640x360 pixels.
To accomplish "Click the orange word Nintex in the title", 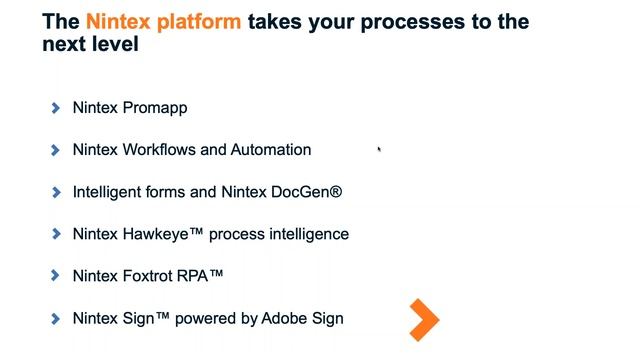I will pyautogui.click(x=117, y=22).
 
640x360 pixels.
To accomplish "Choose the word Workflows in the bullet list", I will pyautogui.click(x=159, y=150).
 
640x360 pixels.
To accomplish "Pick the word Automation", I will pyautogui.click(x=271, y=150).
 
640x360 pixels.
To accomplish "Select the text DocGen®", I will pyautogui.click(x=306, y=192).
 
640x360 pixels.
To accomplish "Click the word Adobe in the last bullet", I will pyautogui.click(x=283, y=319).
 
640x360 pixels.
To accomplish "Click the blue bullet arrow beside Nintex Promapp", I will pyautogui.click(x=56, y=108).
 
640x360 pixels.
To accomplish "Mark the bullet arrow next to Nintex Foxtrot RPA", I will pyautogui.click(x=56, y=276).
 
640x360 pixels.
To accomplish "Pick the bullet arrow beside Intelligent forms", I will pyautogui.click(x=56, y=192).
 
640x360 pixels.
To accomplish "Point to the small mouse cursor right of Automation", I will pyautogui.click(x=379, y=150).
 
